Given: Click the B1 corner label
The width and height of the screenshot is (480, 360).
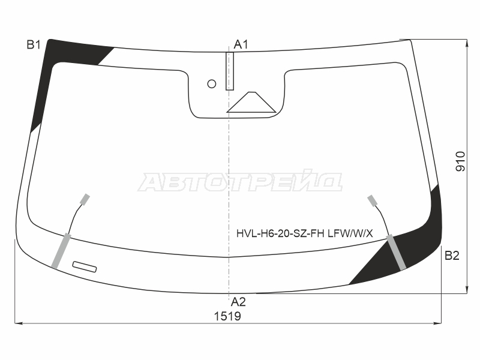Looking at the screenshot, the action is pyautogui.click(x=34, y=45).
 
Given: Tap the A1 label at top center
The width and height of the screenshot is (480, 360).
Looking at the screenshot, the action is pyautogui.click(x=241, y=44).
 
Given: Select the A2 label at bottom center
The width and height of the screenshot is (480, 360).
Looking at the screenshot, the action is pyautogui.click(x=238, y=302).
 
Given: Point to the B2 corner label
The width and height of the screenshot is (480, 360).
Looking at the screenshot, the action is pyautogui.click(x=452, y=256).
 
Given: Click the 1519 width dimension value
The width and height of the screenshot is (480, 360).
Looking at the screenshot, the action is pyautogui.click(x=227, y=316).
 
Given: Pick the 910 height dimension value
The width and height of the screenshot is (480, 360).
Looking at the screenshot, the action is pyautogui.click(x=460, y=161).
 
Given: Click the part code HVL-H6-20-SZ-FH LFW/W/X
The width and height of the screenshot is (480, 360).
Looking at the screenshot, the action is pyautogui.click(x=305, y=233).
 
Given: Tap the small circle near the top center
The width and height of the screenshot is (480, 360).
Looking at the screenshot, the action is pyautogui.click(x=212, y=83).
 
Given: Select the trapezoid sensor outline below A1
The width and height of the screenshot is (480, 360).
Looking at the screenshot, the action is pyautogui.click(x=251, y=102).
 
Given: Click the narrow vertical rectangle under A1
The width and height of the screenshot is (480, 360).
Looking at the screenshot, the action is pyautogui.click(x=230, y=71).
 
